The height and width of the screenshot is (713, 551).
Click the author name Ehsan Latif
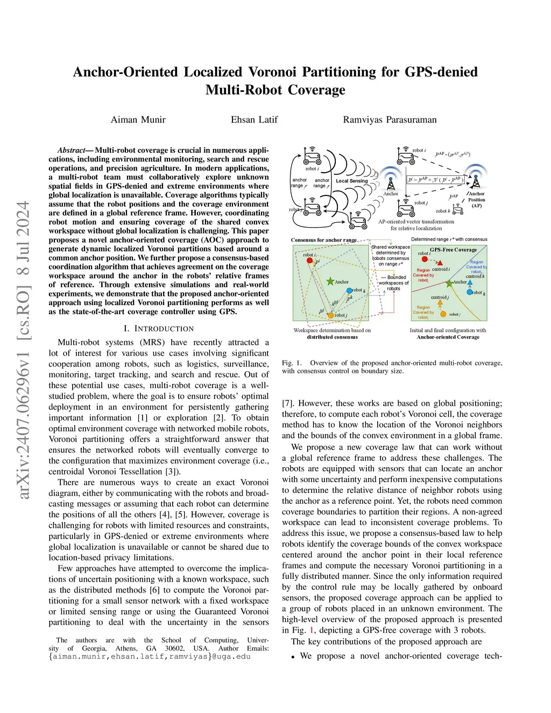click(254, 119)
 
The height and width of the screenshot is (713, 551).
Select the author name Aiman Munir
click(138, 119)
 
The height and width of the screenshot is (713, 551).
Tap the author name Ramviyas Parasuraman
click(390, 119)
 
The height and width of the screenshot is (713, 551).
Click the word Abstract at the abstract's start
click(72, 150)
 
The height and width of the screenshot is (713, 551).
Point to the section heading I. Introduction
click(158, 328)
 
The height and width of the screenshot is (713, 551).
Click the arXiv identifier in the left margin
click(23, 350)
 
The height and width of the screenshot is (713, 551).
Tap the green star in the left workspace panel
click(330, 281)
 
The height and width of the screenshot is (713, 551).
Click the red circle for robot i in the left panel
click(309, 260)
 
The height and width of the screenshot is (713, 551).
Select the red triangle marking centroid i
click(440, 263)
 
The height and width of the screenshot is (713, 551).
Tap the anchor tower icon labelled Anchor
click(390, 181)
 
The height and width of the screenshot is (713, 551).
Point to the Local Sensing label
click(351, 181)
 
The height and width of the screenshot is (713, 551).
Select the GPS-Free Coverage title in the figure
click(453, 250)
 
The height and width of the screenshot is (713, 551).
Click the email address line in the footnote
click(150, 656)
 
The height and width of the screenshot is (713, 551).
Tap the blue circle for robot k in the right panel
click(469, 292)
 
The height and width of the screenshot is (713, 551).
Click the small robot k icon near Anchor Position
click(458, 209)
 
